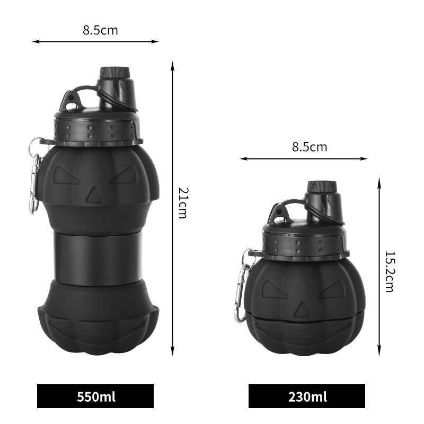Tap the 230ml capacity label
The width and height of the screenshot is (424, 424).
coord(307,396)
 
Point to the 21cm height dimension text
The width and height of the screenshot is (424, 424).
coord(183,203)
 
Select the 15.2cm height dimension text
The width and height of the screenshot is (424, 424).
coord(390,272)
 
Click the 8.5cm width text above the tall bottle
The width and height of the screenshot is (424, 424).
coord(100,30)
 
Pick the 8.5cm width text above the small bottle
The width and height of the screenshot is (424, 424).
coord(310,147)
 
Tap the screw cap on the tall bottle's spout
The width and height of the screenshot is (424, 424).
coord(114,73)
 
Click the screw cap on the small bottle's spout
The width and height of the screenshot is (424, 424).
coord(322,187)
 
